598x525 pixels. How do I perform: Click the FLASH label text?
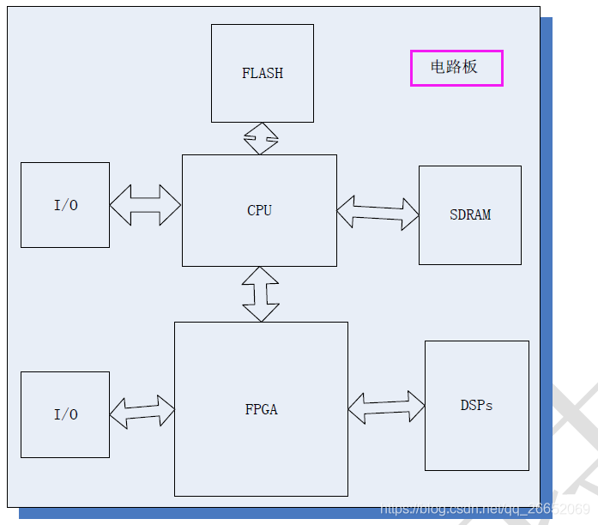point(263,74)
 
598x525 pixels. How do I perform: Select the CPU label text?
point(259,210)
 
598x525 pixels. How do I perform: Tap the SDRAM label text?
point(470,214)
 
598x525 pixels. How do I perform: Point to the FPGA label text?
point(261,409)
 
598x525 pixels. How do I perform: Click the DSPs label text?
point(476,405)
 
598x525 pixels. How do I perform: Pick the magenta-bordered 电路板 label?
point(456,68)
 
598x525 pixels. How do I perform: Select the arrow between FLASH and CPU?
point(262,138)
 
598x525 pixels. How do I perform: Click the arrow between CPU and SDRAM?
point(378,213)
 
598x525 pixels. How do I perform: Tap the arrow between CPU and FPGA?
point(261,293)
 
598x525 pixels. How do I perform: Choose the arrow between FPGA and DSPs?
point(386,407)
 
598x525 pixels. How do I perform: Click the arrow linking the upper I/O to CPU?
point(145,205)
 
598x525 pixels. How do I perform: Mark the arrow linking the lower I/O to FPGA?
point(142,412)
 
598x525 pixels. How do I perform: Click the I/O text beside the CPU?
point(66,205)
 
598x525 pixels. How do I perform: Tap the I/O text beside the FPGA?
point(66,414)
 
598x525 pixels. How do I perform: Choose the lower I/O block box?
point(65,437)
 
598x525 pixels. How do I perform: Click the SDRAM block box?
point(470,244)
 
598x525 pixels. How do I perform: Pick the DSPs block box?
point(476,442)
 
